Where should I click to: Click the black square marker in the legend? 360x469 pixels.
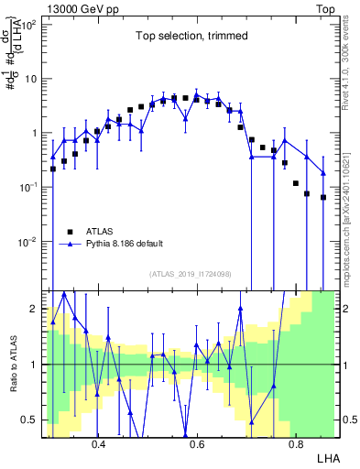(71, 231)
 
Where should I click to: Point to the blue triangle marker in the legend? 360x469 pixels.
(71, 244)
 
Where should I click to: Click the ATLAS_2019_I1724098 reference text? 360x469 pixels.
(190, 274)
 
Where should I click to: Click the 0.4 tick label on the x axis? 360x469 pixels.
(99, 440)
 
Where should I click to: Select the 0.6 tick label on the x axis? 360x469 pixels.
(197, 440)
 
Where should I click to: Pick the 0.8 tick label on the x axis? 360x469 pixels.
(295, 440)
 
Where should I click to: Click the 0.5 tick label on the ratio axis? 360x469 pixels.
(31, 420)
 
